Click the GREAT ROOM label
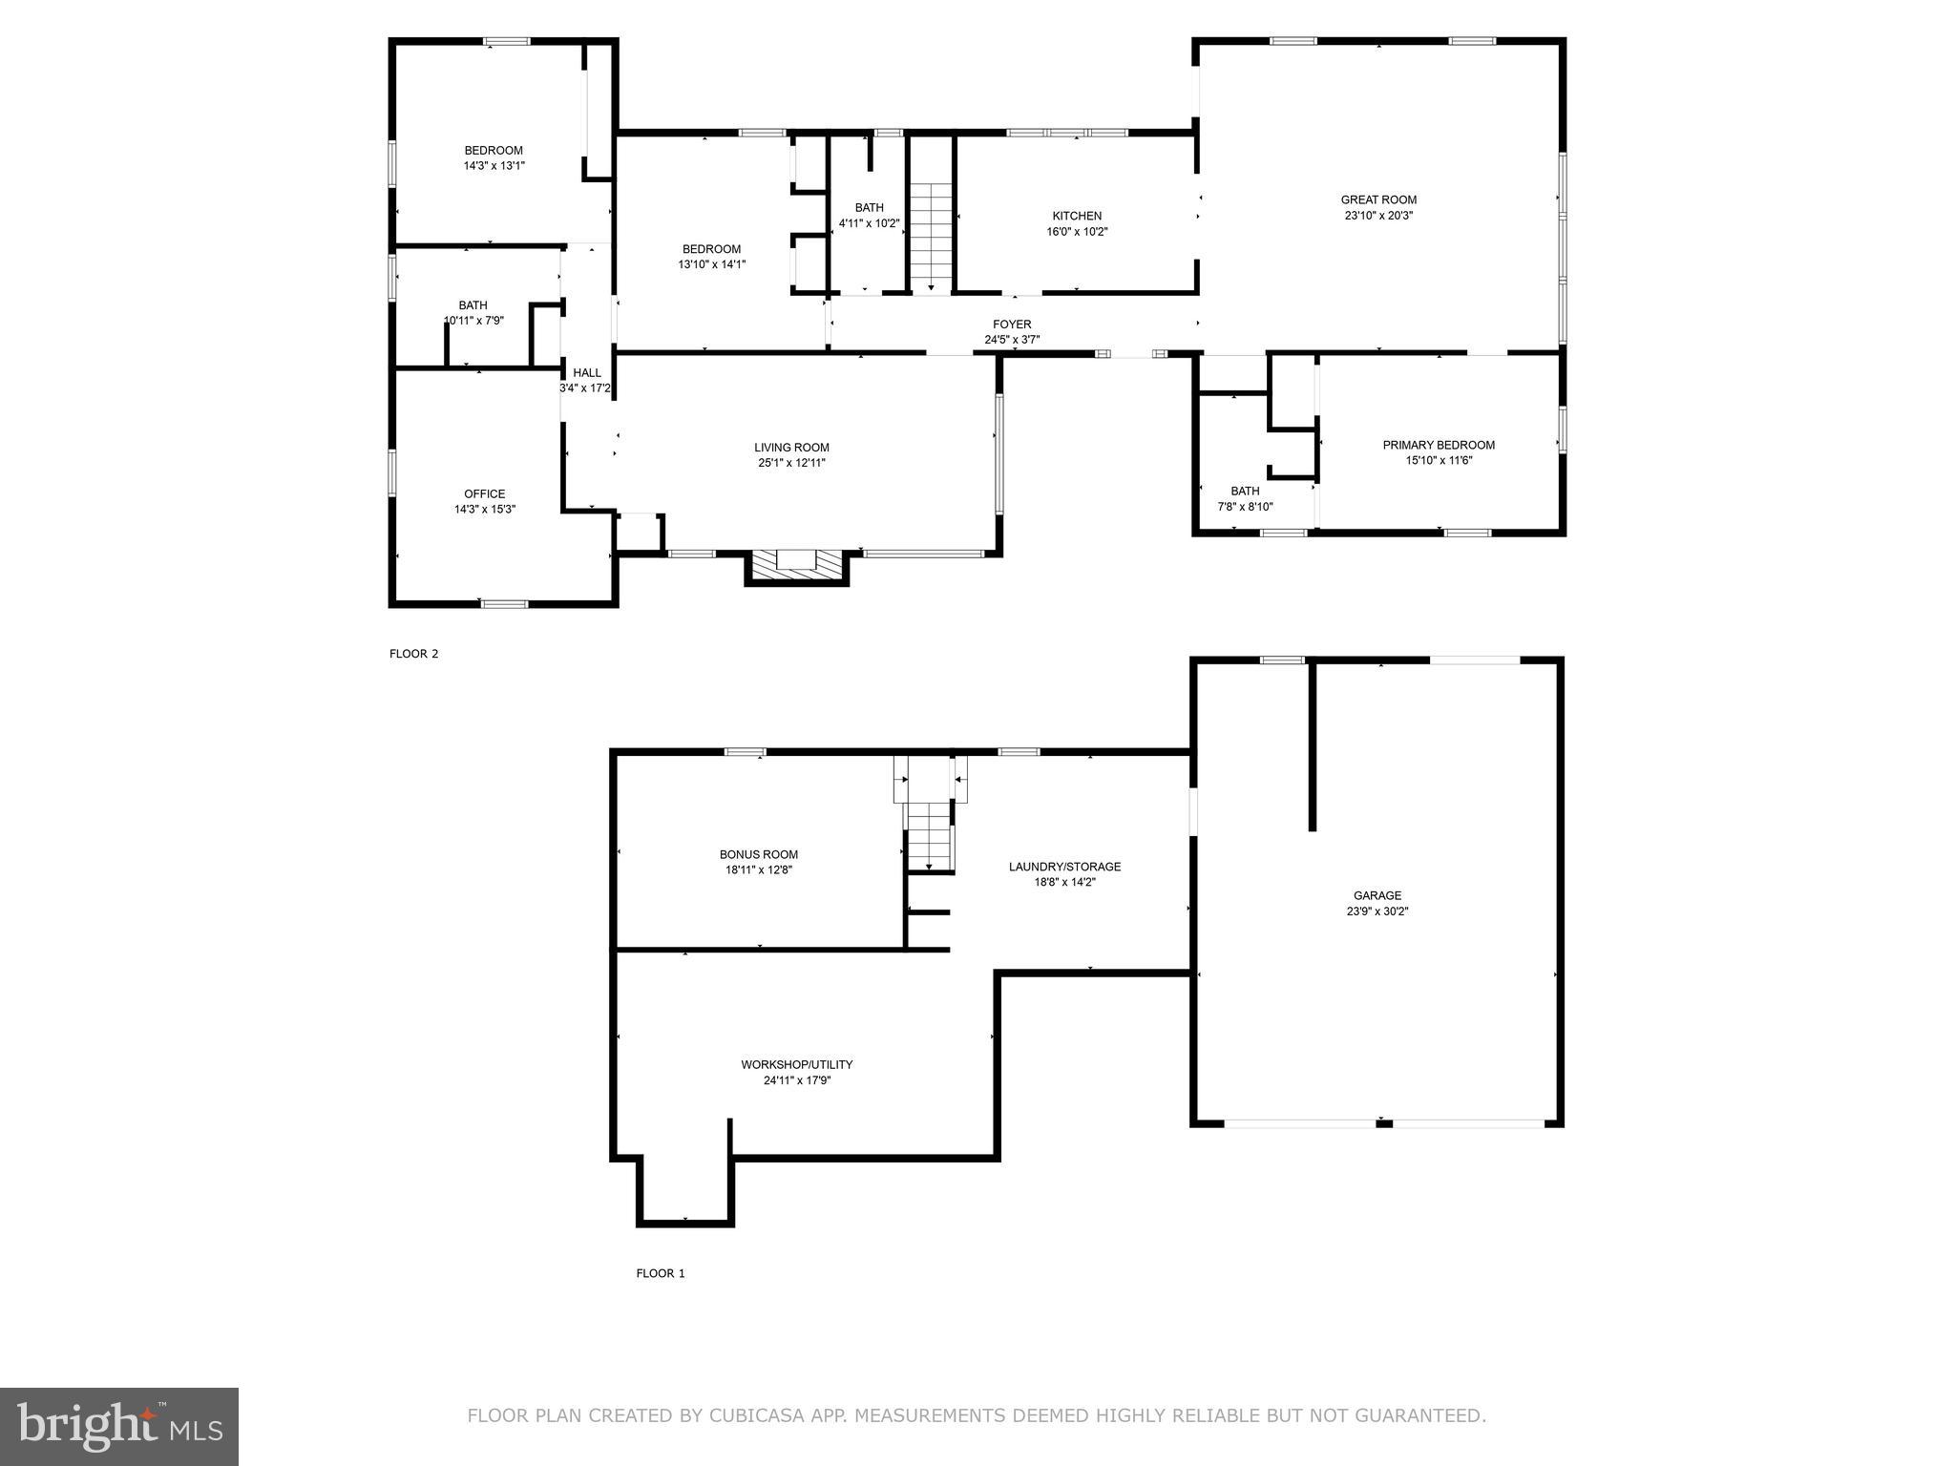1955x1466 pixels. coord(1378,199)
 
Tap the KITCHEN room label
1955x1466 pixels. coord(1077,216)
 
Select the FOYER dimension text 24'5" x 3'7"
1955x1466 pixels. coord(1012,340)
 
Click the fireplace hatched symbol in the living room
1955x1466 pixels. coord(797,566)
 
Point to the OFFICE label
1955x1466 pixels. coord(485,493)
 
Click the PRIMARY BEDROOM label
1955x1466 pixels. coord(1439,445)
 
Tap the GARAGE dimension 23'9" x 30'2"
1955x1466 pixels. coord(1377,911)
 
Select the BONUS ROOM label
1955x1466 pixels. coord(759,854)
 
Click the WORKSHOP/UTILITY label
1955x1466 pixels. coord(797,1064)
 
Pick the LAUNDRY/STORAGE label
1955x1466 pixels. coord(1064,867)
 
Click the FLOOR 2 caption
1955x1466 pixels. coord(413,654)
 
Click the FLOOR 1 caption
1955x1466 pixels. coord(661,1273)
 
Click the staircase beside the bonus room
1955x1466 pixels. coord(929,836)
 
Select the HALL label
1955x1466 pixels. coord(587,373)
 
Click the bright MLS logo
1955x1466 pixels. coord(119,1427)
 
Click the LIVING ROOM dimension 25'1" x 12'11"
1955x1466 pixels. coord(791,463)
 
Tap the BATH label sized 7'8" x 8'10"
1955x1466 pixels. coord(1245,492)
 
